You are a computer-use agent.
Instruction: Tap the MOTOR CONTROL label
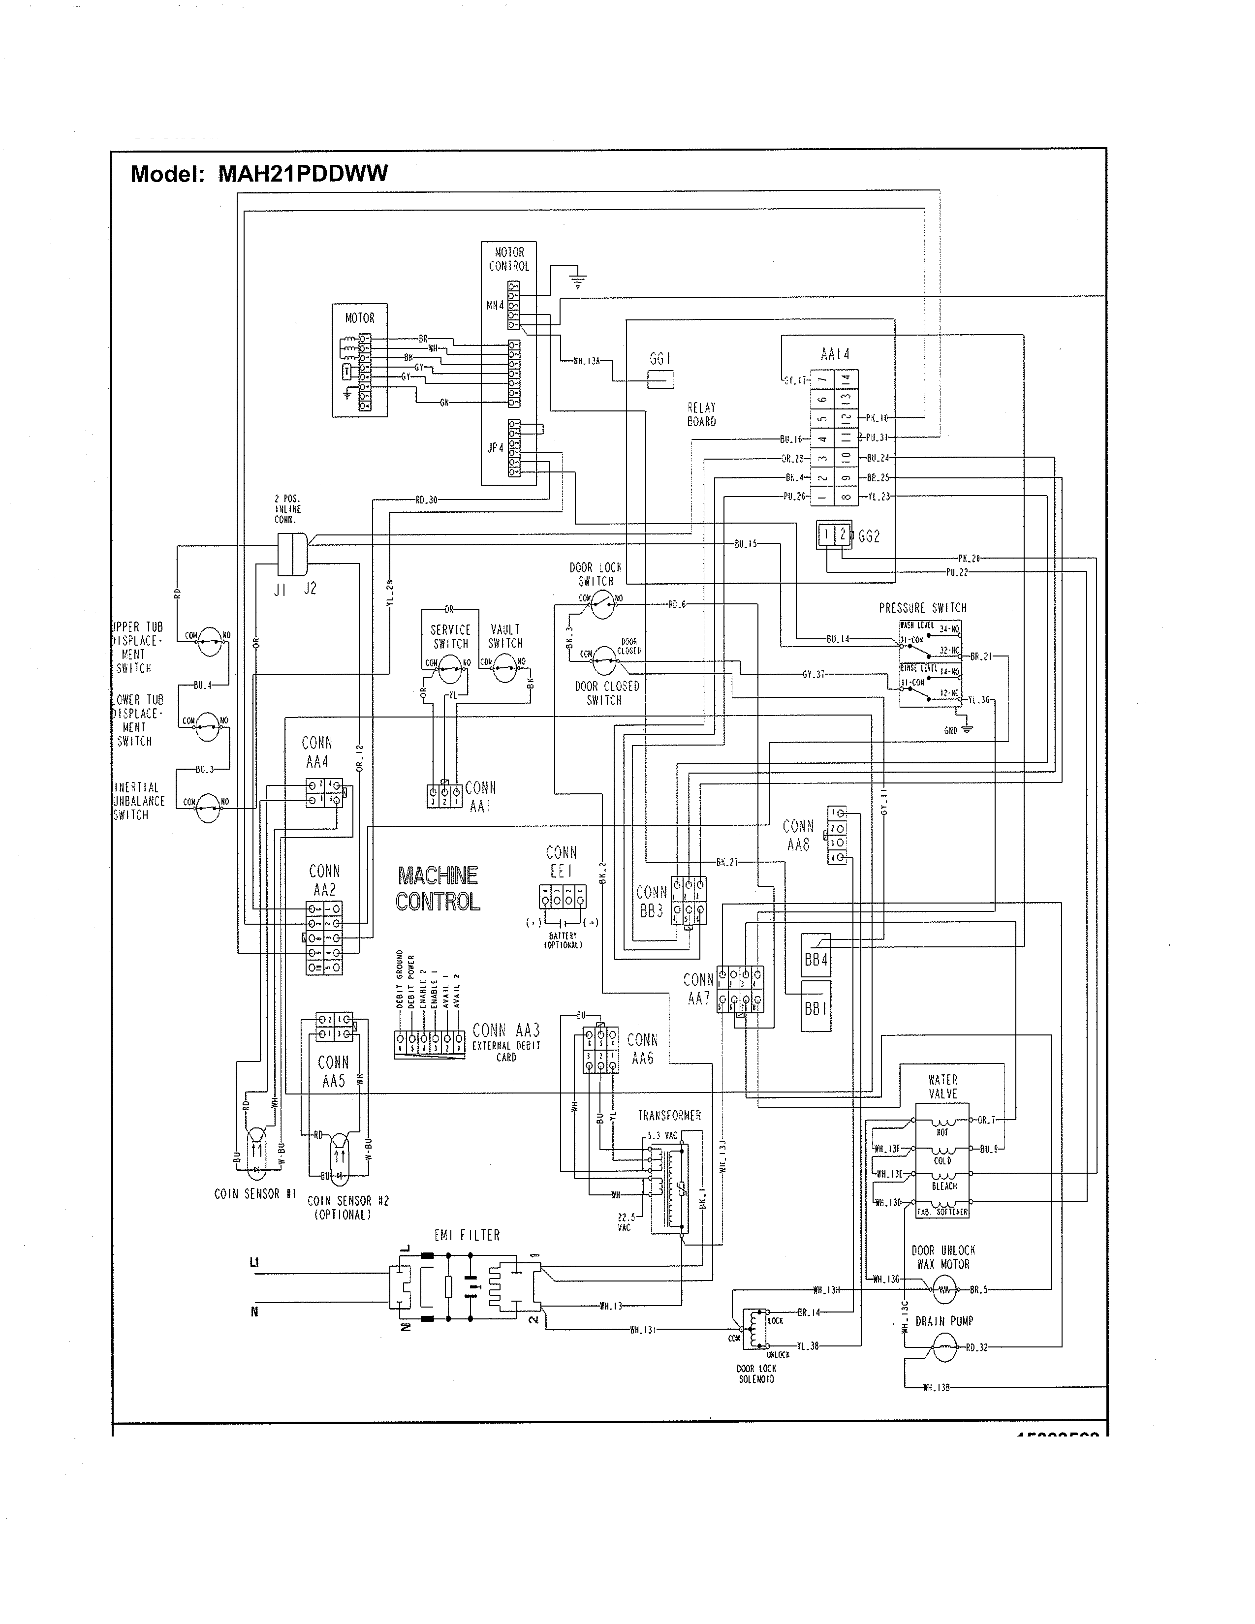click(509, 259)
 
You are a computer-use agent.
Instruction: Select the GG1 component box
click(660, 380)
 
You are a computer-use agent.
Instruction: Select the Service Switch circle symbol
click(450, 669)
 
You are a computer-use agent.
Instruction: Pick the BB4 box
click(816, 960)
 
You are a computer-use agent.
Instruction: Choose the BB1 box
click(816, 1009)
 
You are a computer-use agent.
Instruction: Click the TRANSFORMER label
click(669, 1115)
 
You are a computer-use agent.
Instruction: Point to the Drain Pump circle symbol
click(943, 1346)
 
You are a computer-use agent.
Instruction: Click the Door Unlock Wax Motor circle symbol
click(943, 1289)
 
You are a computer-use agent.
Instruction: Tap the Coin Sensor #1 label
click(255, 1193)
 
